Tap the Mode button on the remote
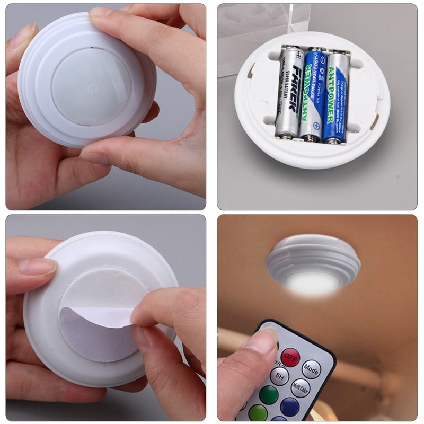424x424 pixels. pyautogui.click(x=311, y=368)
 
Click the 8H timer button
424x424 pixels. pyautogui.click(x=279, y=376)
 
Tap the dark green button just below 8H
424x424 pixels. pyautogui.click(x=268, y=395)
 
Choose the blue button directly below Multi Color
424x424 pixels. pyautogui.click(x=289, y=407)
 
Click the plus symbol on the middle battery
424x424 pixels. pyautogui.click(x=316, y=126)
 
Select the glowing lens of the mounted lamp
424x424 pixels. pyautogui.click(x=313, y=282)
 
